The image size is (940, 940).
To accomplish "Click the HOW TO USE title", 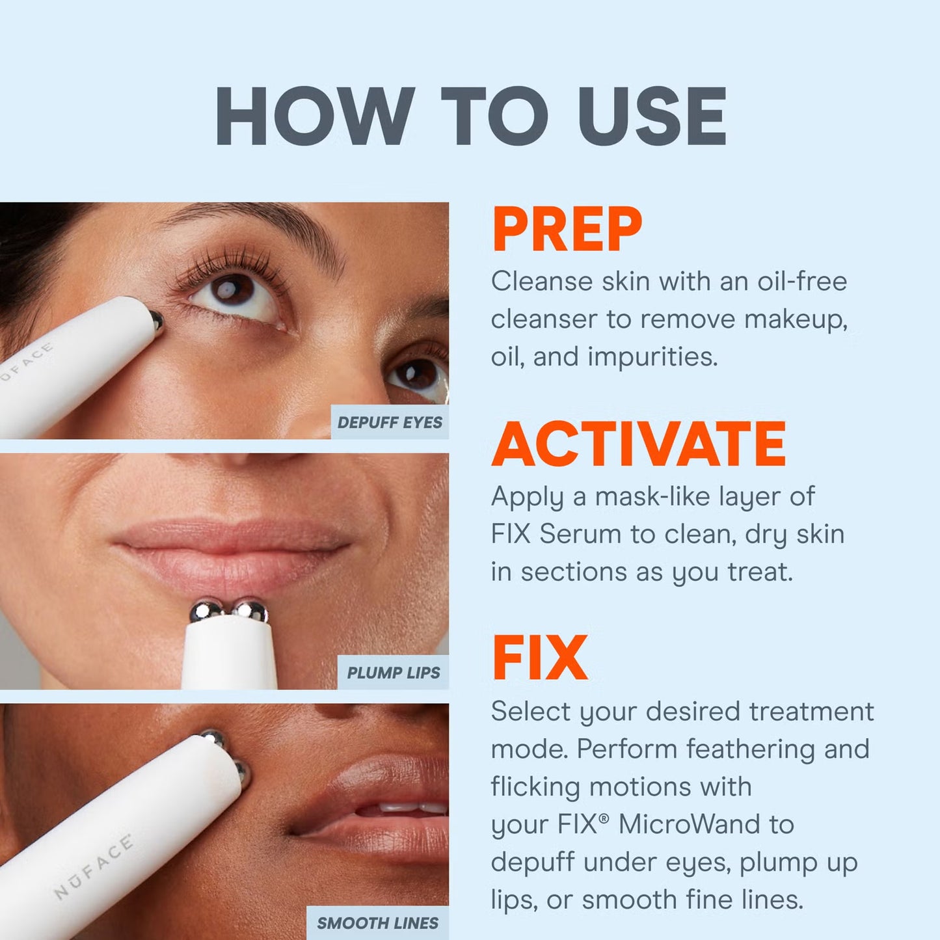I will (x=470, y=117).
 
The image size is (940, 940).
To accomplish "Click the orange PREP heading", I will (x=567, y=230).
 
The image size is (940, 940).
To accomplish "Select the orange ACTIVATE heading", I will (x=639, y=444).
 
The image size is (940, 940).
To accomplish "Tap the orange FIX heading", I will (x=540, y=658).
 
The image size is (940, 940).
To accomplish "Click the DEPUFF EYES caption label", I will (x=390, y=423).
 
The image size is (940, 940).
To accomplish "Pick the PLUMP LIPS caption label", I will (x=393, y=673).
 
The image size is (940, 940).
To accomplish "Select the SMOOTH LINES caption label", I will (x=377, y=922).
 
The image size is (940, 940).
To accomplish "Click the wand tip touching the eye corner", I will (x=156, y=319).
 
